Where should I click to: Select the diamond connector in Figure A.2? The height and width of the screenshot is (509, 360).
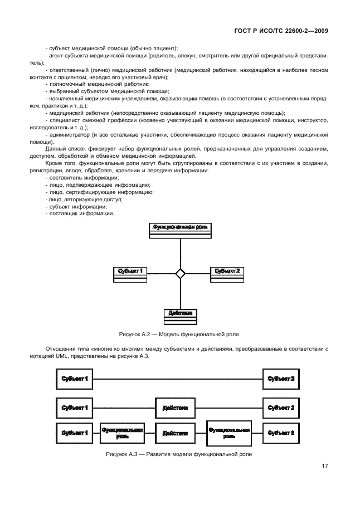pos(180,273)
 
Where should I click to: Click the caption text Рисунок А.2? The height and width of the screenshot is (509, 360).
pos(179,334)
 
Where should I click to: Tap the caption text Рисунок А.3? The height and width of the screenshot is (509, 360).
pos(179,454)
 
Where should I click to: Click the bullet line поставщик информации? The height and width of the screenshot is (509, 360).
pos(81,214)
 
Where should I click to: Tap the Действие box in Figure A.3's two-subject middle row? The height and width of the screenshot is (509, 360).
pos(175,408)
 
